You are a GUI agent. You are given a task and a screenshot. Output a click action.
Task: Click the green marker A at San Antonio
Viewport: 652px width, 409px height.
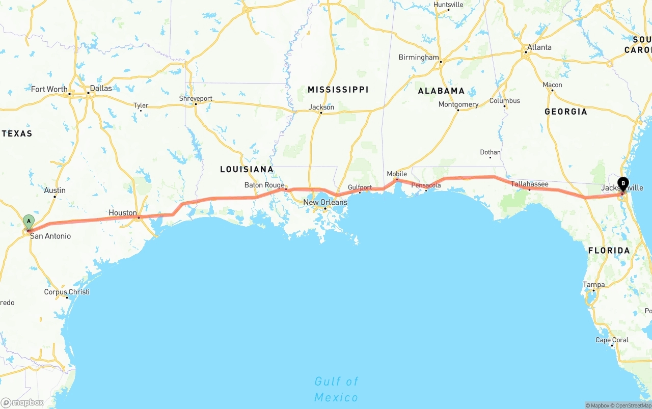click(x=29, y=222)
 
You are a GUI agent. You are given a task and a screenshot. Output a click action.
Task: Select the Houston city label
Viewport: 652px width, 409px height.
click(x=122, y=213)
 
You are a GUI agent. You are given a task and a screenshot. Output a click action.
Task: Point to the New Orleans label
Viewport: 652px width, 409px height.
click(x=325, y=202)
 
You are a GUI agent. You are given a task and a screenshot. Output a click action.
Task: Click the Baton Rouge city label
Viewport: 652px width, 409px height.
click(x=264, y=185)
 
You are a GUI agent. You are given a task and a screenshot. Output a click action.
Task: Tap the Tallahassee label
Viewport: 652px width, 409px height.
click(x=529, y=184)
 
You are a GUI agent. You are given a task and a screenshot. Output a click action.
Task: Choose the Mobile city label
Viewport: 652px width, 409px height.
click(x=397, y=174)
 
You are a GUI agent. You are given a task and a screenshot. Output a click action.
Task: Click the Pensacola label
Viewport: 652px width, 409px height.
click(x=426, y=185)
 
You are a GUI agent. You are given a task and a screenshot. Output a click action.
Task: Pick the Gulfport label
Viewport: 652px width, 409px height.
click(x=360, y=187)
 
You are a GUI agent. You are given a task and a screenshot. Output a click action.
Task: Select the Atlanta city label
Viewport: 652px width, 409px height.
click(x=539, y=47)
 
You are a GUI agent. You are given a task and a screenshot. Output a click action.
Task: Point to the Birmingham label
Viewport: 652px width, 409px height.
click(x=418, y=58)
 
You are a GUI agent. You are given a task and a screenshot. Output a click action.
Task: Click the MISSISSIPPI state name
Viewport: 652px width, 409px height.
click(x=338, y=90)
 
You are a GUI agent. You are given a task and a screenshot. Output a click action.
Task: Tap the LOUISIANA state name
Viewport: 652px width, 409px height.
click(x=247, y=169)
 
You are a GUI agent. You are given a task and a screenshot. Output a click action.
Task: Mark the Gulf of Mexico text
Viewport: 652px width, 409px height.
click(x=336, y=389)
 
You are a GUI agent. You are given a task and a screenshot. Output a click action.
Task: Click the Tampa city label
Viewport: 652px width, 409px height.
click(x=594, y=285)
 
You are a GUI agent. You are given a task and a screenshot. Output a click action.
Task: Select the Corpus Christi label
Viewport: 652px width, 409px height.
click(x=66, y=292)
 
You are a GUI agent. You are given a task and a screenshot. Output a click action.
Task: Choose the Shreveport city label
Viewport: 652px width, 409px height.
click(x=196, y=98)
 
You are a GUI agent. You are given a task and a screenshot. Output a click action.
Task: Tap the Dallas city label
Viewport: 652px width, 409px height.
click(x=100, y=88)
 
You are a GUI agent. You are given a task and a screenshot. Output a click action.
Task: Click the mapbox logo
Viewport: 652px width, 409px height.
click(x=22, y=402)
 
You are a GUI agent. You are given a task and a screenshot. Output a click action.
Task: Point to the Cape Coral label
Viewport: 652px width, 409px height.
click(x=612, y=340)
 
